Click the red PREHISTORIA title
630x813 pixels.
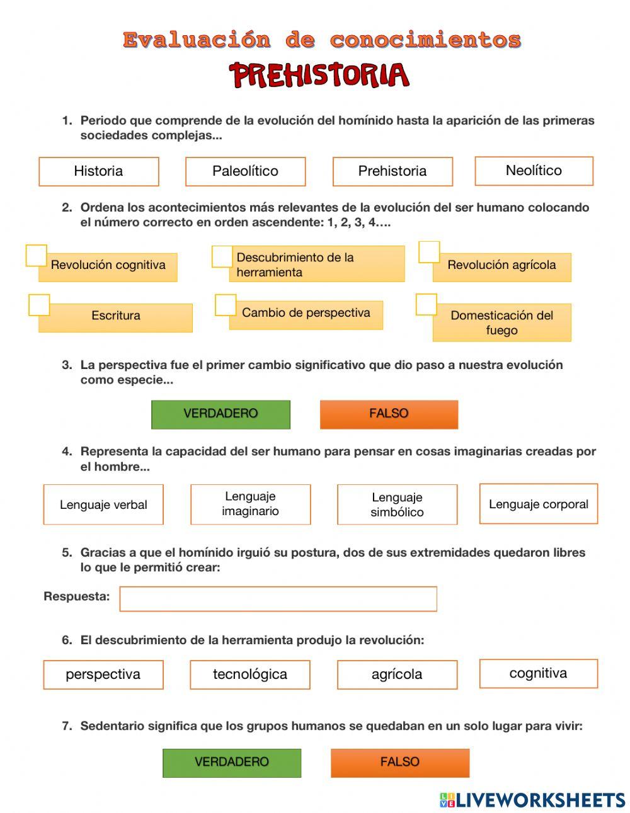pyautogui.click(x=319, y=76)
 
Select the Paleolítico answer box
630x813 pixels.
pyautogui.click(x=245, y=171)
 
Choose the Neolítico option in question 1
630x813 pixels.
pyautogui.click(x=534, y=171)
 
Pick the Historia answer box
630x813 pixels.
pyautogui.click(x=98, y=171)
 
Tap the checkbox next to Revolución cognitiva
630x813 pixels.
pyautogui.click(x=37, y=256)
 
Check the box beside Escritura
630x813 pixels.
pyautogui.click(x=39, y=305)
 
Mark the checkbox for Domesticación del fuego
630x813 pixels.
pyautogui.click(x=427, y=304)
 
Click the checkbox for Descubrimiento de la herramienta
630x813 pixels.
pyautogui.click(x=222, y=256)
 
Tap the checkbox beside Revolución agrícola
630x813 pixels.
pyautogui.click(x=429, y=252)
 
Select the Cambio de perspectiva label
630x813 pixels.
pyautogui.click(x=306, y=313)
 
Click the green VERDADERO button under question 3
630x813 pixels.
pyautogui.click(x=220, y=414)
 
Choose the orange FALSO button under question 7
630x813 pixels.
pyautogui.click(x=400, y=763)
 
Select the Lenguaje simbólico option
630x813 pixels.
pyautogui.click(x=397, y=504)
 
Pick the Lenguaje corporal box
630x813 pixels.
pyautogui.click(x=538, y=504)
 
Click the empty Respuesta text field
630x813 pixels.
pyautogui.click(x=278, y=599)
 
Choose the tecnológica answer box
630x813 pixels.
pyautogui.click(x=249, y=674)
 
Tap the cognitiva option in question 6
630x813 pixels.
pyautogui.click(x=538, y=673)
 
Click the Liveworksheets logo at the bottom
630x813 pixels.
pyautogui.click(x=532, y=800)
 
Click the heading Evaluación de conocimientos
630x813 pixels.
pyautogui.click(x=322, y=40)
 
